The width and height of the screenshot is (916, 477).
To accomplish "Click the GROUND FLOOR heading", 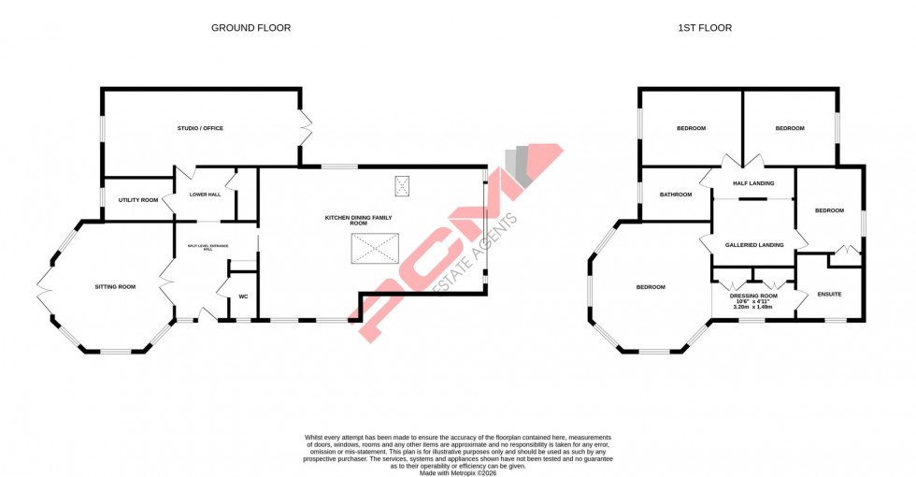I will pos(250,28).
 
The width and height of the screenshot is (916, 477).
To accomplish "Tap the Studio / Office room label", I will pos(200,128).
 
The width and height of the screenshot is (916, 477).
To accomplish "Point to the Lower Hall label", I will pos(205,195).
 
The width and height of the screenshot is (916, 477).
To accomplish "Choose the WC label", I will pos(243,296).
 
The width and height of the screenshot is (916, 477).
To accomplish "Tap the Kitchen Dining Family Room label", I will pos(358,220).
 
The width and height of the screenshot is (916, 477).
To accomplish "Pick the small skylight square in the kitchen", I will pos(403,187).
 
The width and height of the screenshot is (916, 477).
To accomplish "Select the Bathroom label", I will pos(675,195).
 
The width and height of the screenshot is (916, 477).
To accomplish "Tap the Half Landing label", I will pos(753,183).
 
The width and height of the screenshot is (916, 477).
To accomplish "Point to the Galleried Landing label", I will pos(754,244).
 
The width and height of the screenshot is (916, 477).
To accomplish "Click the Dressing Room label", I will pos(752,295).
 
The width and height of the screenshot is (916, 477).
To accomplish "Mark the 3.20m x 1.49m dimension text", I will pos(752,307).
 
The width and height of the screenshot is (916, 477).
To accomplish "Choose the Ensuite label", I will pos(829,295).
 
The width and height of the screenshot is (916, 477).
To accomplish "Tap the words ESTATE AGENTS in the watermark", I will pos(476,262).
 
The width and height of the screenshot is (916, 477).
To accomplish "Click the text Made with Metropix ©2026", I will pos(458,473).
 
